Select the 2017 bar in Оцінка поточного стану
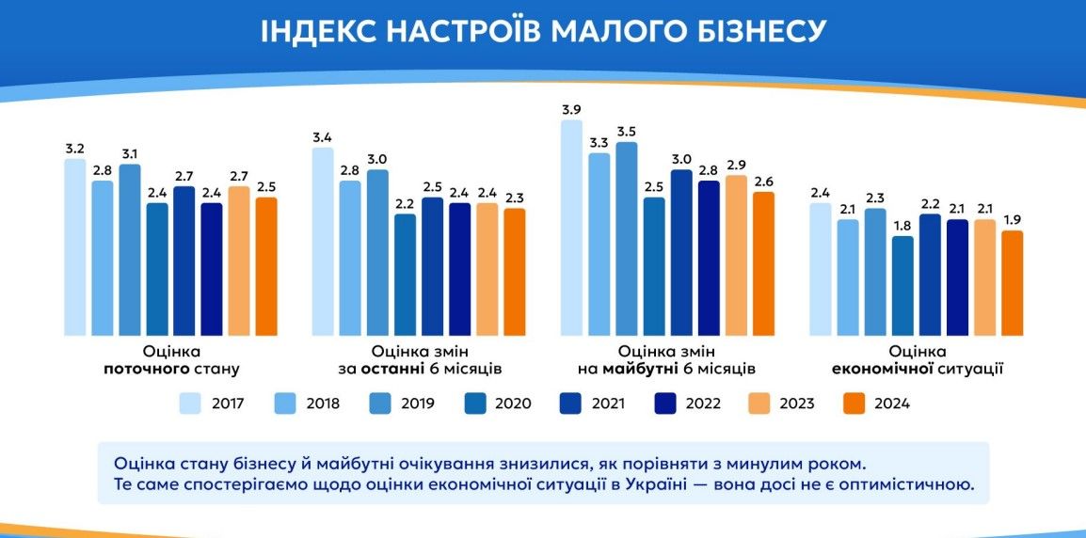(x=75, y=246)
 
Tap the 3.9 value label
(x=571, y=110)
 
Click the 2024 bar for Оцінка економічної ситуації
(x=1012, y=282)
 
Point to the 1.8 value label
(x=902, y=226)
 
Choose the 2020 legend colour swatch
(x=475, y=403)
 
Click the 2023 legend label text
(x=796, y=403)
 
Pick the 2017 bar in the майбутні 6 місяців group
(x=571, y=228)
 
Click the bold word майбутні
(x=637, y=368)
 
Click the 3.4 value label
(x=323, y=138)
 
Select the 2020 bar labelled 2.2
(x=405, y=274)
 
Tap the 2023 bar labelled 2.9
(x=736, y=254)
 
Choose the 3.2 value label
(x=75, y=149)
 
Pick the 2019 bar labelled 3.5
(x=626, y=238)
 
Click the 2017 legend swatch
(x=192, y=403)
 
